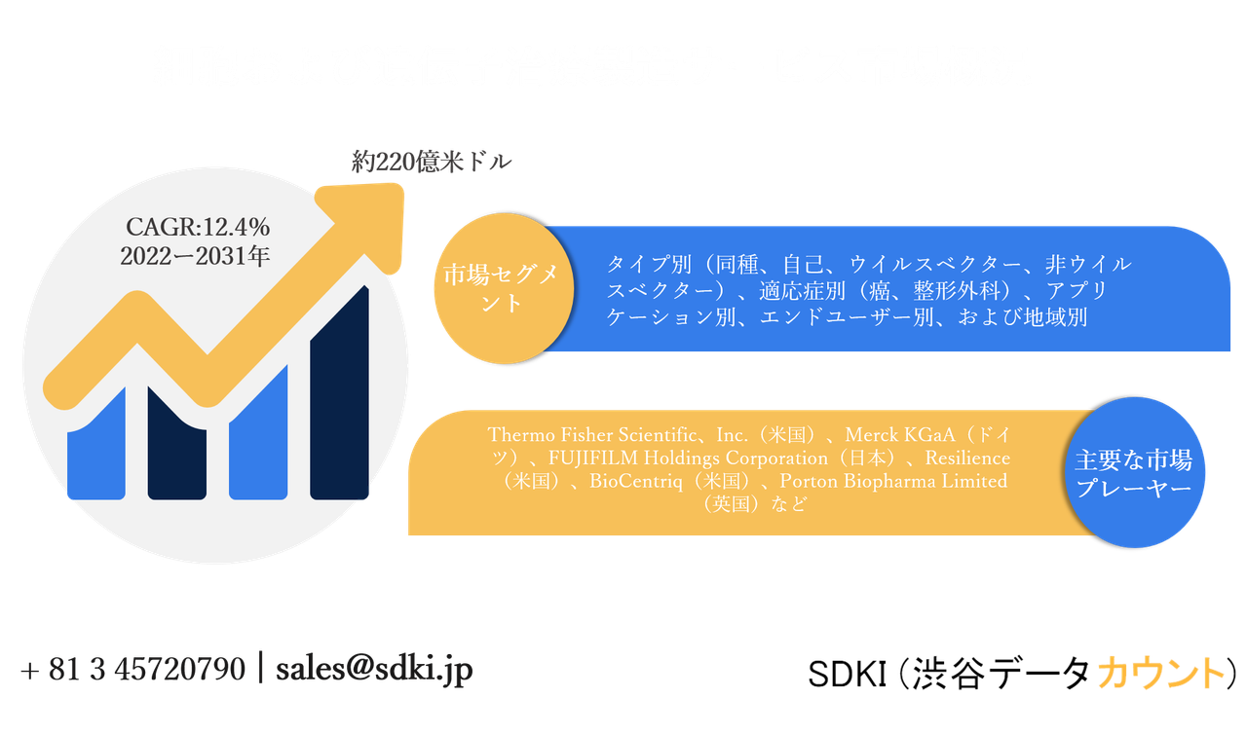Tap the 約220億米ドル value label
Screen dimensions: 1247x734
pos(431,163)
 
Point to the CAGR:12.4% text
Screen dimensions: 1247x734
pos(198,228)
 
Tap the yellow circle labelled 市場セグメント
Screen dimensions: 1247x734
pos(502,288)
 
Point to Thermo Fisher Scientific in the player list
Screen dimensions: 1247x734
pos(604,434)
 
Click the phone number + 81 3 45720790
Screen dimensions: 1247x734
pos(132,670)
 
